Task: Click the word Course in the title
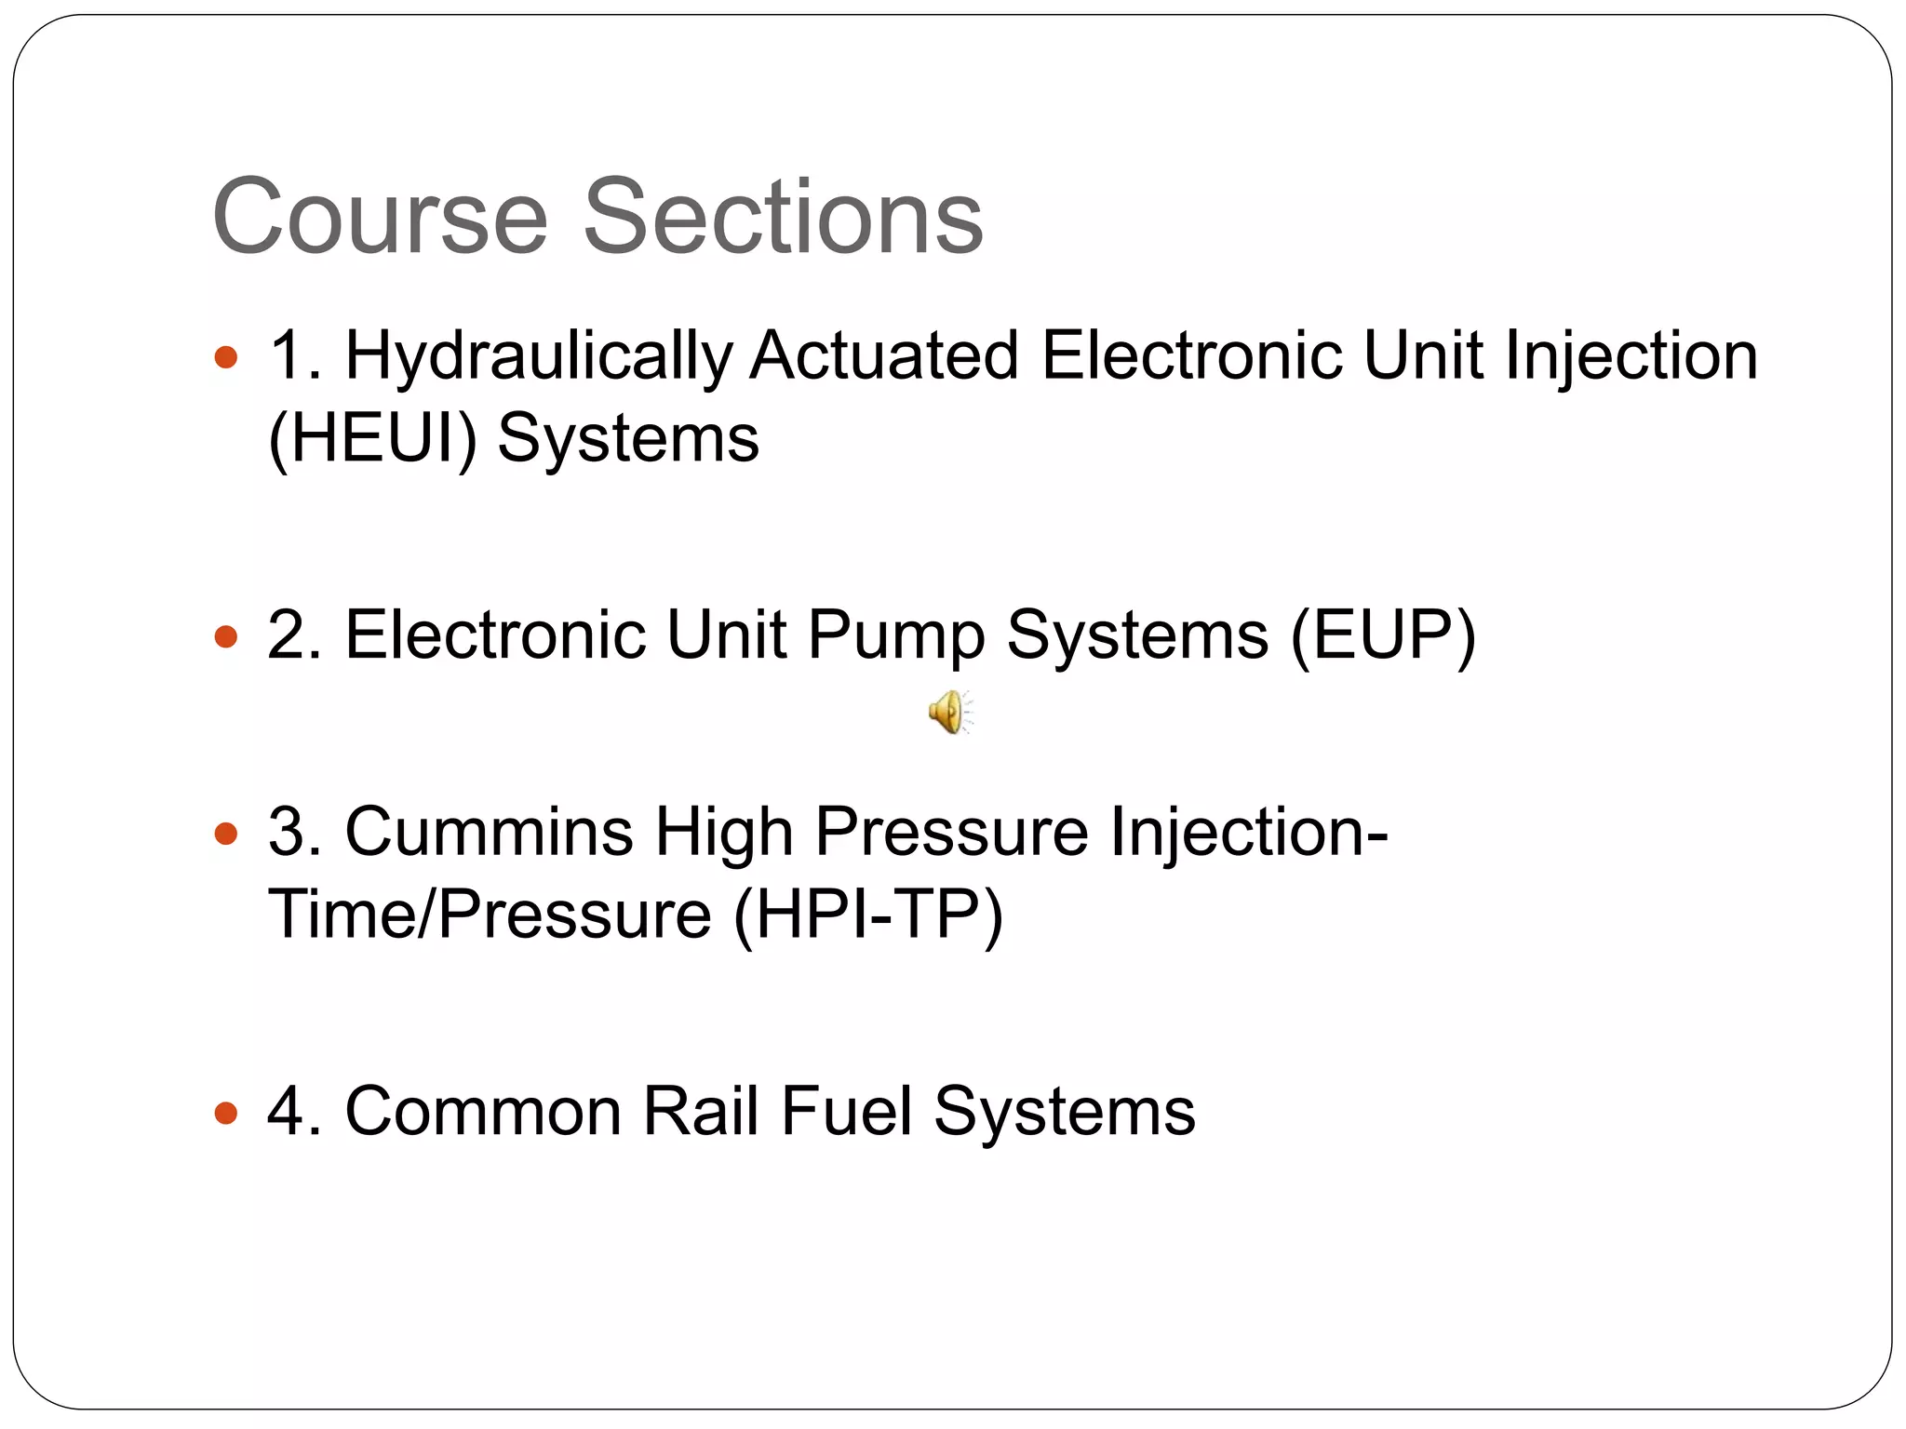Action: (x=380, y=217)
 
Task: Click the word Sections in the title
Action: (x=783, y=217)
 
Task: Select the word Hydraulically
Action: (x=539, y=358)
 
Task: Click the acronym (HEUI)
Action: (x=372, y=439)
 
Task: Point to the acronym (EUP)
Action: (x=1383, y=636)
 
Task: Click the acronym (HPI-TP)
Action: (x=868, y=915)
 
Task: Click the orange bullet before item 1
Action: (x=226, y=357)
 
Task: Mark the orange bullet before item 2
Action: (x=226, y=637)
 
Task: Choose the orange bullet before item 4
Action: (x=226, y=1113)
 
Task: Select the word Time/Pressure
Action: (x=490, y=915)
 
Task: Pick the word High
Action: (x=724, y=833)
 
